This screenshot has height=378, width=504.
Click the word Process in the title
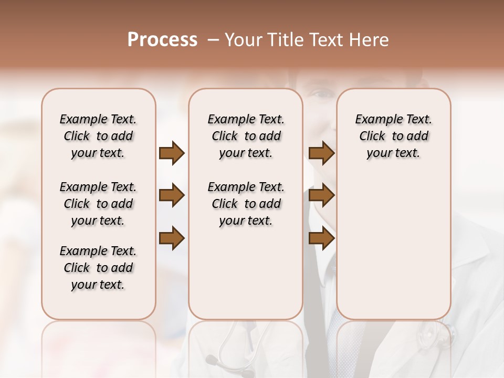(162, 40)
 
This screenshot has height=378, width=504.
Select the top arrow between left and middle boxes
(172, 153)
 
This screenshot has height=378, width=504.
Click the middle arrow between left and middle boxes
(172, 196)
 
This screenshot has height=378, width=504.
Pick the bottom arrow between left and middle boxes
(172, 238)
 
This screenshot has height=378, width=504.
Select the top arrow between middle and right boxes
(321, 153)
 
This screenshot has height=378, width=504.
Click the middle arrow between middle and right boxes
(321, 196)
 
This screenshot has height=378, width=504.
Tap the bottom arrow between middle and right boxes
(321, 238)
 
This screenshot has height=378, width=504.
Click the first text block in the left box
(98, 136)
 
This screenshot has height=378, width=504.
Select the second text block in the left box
(98, 204)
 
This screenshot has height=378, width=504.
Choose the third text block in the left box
(98, 268)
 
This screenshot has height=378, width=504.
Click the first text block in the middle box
(246, 136)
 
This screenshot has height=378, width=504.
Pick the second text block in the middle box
(246, 204)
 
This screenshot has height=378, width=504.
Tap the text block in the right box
(393, 136)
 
